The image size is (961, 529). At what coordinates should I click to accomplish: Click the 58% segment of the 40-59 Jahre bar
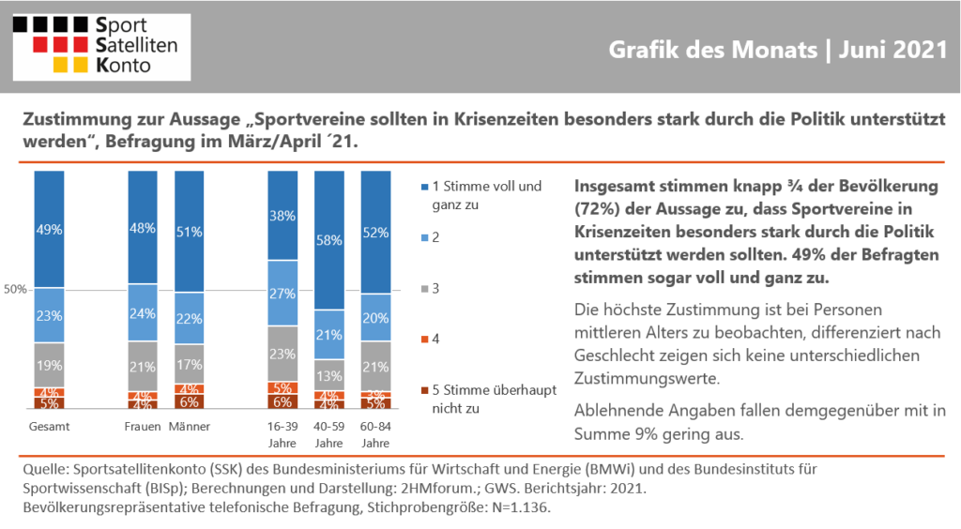[x=329, y=240]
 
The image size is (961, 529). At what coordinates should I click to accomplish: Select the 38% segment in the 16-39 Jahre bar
[x=282, y=216]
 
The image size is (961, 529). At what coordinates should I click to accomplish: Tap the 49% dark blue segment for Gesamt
[x=49, y=229]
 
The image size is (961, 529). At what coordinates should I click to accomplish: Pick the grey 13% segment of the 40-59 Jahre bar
[x=329, y=375]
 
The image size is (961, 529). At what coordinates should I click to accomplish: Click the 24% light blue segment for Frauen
[x=143, y=313]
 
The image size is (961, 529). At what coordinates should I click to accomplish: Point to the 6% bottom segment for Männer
[x=190, y=401]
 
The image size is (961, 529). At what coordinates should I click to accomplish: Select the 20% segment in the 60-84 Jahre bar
[x=375, y=318]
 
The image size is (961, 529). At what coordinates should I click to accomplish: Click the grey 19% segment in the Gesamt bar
[x=49, y=366]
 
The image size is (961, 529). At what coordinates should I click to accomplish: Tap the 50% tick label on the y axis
[x=15, y=290]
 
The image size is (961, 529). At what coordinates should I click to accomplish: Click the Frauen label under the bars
[x=143, y=427]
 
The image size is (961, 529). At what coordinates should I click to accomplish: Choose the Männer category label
[x=190, y=427]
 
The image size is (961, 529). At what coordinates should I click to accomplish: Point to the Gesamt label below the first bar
[x=49, y=427]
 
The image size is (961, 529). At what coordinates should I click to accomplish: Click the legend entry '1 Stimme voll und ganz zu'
[x=481, y=195]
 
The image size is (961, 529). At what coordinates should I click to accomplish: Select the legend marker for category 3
[x=425, y=289]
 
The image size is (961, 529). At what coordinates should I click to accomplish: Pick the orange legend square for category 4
[x=425, y=340]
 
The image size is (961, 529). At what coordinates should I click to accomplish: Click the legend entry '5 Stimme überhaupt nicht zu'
[x=489, y=400]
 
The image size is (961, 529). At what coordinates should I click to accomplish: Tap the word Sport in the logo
[x=121, y=25]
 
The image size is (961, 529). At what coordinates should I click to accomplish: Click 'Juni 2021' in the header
[x=893, y=50]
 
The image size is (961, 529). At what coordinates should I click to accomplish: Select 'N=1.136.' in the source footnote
[x=520, y=507]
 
